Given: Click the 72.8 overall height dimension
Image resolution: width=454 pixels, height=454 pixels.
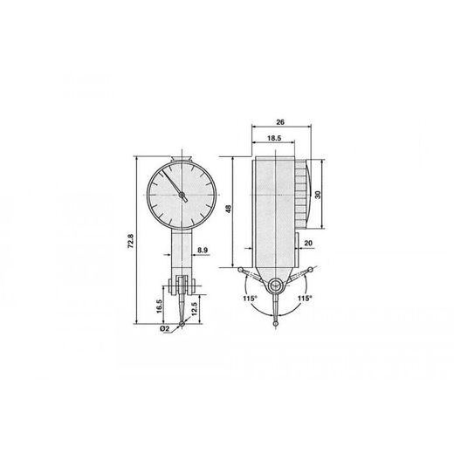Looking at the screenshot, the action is (131, 241).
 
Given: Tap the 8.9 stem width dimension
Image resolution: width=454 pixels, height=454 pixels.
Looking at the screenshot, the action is (203, 250).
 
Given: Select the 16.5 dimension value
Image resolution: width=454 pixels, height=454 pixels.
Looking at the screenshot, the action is (159, 306).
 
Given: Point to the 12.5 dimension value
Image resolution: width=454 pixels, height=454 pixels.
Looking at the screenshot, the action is (195, 309).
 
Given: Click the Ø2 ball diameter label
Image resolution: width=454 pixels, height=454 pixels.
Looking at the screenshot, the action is (164, 328).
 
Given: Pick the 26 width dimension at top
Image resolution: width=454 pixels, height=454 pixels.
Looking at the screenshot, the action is (280, 122).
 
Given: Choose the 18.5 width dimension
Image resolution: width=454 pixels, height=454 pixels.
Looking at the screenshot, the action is (274, 138).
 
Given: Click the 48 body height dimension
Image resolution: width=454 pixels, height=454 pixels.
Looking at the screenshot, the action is (229, 209).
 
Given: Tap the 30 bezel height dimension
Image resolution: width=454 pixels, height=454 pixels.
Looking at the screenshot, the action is (318, 195).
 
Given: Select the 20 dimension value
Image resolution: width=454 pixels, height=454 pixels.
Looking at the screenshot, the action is (308, 243).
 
